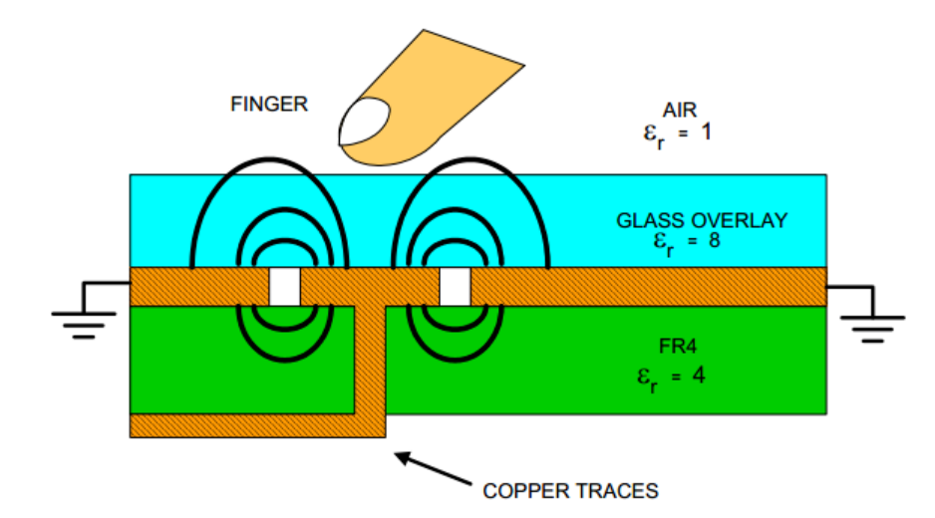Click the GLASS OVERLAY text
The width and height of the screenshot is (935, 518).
(x=701, y=221)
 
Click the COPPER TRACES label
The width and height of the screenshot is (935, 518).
(x=570, y=490)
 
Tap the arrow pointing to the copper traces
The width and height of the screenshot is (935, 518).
(x=434, y=470)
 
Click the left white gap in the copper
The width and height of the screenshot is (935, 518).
(x=285, y=287)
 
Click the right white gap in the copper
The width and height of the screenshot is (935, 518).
(x=455, y=287)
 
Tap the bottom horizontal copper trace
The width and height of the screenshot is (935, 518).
(x=249, y=425)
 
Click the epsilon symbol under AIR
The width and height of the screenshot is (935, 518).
(x=653, y=132)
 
